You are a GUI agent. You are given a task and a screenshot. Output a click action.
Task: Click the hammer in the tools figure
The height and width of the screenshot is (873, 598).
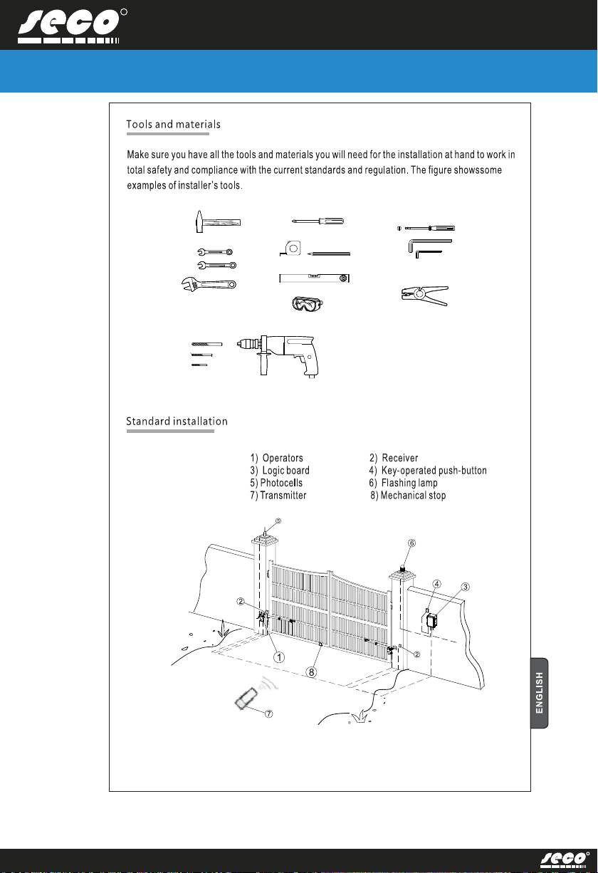click(x=216, y=221)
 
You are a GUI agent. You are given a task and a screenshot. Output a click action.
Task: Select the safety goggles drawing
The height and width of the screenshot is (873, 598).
click(x=307, y=304)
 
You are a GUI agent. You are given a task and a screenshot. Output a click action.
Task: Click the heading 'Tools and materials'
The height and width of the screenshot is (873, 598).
click(x=173, y=125)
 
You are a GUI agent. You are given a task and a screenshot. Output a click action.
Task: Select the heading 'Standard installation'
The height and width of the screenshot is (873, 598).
click(x=177, y=422)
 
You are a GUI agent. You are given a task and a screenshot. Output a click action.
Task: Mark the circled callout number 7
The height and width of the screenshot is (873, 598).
click(x=268, y=714)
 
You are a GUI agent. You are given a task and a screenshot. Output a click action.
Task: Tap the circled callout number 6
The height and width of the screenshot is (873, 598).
click(x=411, y=543)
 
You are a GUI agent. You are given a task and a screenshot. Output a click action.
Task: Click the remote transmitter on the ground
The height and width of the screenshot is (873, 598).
click(x=246, y=698)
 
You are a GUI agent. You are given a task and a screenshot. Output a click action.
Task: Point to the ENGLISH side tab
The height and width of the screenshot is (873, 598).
click(x=544, y=692)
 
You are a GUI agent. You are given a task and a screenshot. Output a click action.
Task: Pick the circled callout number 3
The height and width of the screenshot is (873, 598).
click(x=466, y=587)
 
